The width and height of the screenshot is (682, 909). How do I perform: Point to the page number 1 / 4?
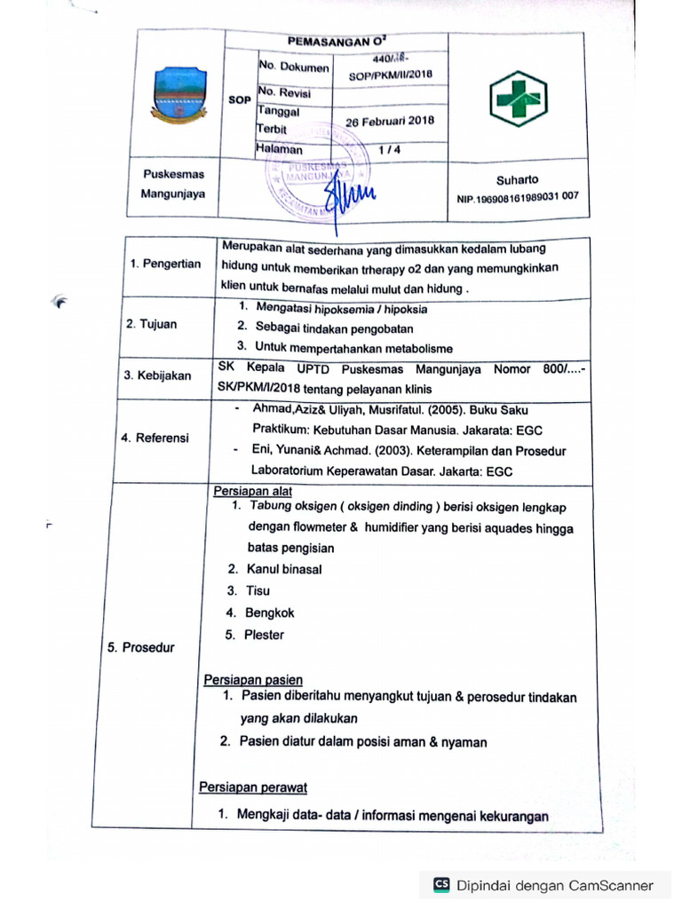coord(388,151)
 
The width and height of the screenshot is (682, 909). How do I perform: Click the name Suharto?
coord(517,179)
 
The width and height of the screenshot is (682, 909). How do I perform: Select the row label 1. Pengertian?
coord(166,265)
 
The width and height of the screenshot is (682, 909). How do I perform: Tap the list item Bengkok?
coord(270,613)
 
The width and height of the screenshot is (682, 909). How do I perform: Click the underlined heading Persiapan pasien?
coord(253,680)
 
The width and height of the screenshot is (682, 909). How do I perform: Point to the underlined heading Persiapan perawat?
coord(253,786)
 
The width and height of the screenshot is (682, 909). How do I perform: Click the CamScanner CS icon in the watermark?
coord(441,885)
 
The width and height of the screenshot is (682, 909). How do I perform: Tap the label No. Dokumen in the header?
coord(293,67)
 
